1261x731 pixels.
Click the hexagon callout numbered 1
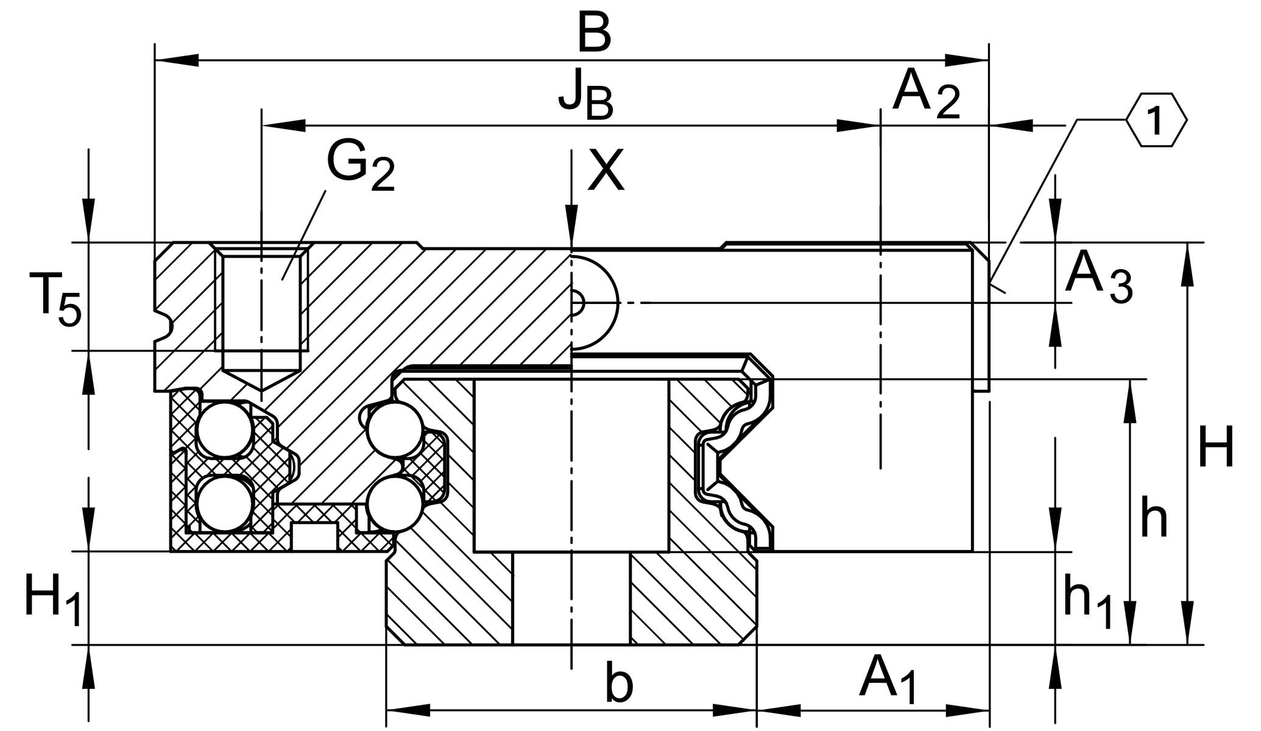tap(1156, 120)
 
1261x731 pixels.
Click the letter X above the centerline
tap(606, 171)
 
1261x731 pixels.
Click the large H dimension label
tap(1215, 448)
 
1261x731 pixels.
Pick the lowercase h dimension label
tap(1153, 518)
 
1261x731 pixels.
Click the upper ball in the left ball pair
tap(225, 429)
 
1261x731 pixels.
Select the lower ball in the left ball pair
tap(225, 504)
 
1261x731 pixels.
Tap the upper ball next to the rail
tap(396, 429)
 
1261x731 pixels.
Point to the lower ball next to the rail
tap(395, 504)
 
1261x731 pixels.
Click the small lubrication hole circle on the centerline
tap(576, 302)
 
